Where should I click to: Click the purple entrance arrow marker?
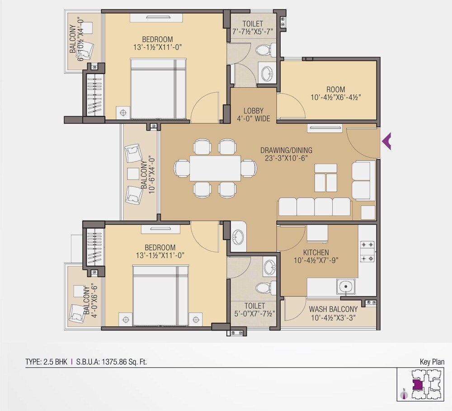[x=386, y=141]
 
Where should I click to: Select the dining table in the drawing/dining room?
[x=215, y=168]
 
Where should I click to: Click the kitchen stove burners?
[x=367, y=252]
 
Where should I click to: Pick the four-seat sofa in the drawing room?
[x=315, y=207]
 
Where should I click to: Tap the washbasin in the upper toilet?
[x=267, y=72]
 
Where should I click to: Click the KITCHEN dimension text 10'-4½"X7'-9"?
[x=316, y=260]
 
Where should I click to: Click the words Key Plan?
[x=432, y=362]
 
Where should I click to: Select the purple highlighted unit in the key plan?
[x=418, y=385]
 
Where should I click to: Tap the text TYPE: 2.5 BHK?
[x=46, y=362]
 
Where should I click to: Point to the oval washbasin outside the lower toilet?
[x=238, y=236]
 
